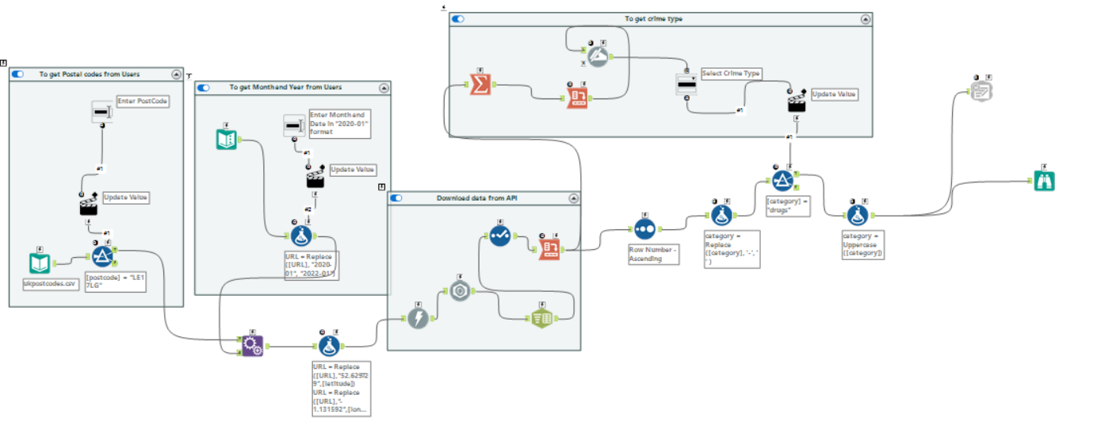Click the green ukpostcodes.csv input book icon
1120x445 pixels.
click(40, 263)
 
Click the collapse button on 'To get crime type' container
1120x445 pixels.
click(866, 19)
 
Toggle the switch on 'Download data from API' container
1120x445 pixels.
click(396, 198)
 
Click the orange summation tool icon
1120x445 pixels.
click(479, 84)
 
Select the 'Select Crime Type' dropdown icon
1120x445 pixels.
click(686, 84)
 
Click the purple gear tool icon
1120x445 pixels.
click(252, 345)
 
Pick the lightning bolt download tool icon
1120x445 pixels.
click(419, 319)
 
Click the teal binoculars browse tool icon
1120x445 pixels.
click(1044, 181)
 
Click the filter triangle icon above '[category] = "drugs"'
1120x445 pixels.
click(782, 181)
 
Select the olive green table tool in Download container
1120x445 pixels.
click(541, 317)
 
